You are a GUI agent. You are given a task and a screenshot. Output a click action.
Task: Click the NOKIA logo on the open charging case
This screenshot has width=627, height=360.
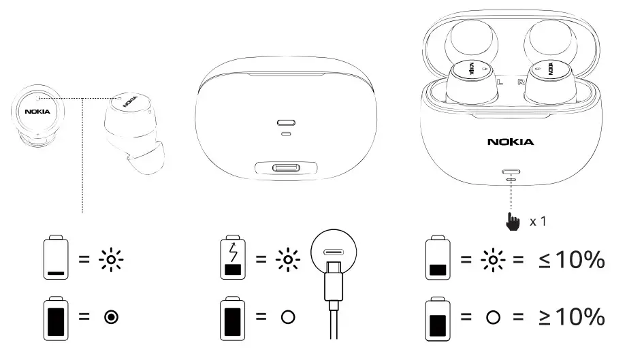point(511,142)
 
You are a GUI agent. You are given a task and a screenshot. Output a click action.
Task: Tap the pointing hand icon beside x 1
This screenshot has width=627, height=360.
point(513,222)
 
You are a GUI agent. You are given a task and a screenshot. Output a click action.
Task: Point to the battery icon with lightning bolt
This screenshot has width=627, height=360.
point(233,259)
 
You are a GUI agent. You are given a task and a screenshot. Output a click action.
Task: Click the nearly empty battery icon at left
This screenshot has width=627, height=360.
point(56,259)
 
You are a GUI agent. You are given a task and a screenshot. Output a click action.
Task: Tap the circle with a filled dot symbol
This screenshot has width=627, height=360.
point(111,318)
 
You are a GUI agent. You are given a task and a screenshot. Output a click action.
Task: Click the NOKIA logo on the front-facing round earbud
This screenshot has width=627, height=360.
point(37,111)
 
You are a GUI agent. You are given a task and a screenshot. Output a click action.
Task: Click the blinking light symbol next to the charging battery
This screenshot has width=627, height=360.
point(288,259)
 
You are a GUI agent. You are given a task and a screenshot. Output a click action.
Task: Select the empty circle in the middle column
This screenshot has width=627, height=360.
point(288,318)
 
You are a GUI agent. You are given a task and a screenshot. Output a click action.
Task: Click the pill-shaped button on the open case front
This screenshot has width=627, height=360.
point(511,173)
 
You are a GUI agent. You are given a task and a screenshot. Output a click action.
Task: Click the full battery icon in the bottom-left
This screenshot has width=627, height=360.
point(56,318)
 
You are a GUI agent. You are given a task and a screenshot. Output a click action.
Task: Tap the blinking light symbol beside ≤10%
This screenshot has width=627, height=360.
point(493,259)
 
